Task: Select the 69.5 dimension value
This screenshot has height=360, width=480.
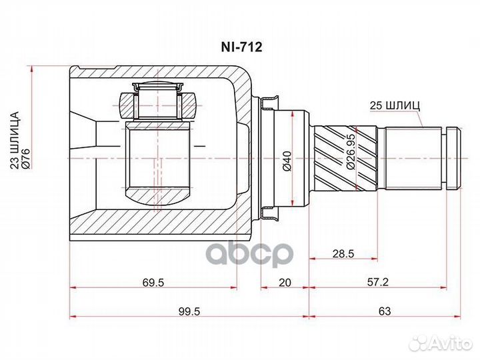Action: (153, 283)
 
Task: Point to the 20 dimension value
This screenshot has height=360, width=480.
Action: (285, 283)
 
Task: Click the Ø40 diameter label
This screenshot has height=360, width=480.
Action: (287, 160)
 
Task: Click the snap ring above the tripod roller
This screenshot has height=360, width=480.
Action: (158, 87)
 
